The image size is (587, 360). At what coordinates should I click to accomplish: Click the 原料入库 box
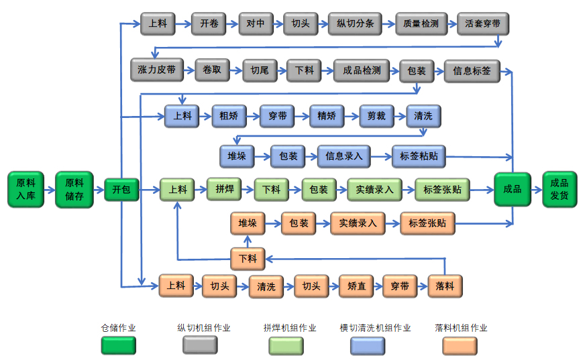click(x=26, y=189)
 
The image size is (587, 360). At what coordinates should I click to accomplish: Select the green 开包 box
click(x=121, y=190)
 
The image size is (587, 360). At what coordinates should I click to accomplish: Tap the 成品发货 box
click(x=559, y=189)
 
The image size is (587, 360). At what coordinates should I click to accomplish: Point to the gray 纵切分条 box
click(x=355, y=23)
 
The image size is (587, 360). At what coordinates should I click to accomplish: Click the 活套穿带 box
click(x=482, y=23)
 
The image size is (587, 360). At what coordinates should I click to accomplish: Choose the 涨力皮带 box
click(x=157, y=70)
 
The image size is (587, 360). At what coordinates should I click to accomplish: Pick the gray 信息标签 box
click(x=472, y=70)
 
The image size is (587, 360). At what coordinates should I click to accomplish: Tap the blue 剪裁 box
click(x=376, y=116)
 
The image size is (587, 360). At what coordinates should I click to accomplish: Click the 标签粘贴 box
click(x=419, y=156)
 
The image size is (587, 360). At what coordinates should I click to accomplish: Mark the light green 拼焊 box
click(x=223, y=189)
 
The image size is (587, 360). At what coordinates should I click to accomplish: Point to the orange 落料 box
click(x=445, y=286)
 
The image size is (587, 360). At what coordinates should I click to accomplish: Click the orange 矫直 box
click(x=356, y=286)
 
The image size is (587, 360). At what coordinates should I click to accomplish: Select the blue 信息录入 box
click(x=344, y=156)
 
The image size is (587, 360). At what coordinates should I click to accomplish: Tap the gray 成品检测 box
click(x=362, y=70)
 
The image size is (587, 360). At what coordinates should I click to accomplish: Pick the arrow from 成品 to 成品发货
click(x=537, y=190)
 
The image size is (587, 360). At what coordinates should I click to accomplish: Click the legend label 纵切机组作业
click(x=204, y=328)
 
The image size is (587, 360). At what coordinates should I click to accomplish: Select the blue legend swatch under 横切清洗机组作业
click(x=367, y=345)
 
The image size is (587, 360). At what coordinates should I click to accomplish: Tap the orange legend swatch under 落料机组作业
click(x=460, y=345)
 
